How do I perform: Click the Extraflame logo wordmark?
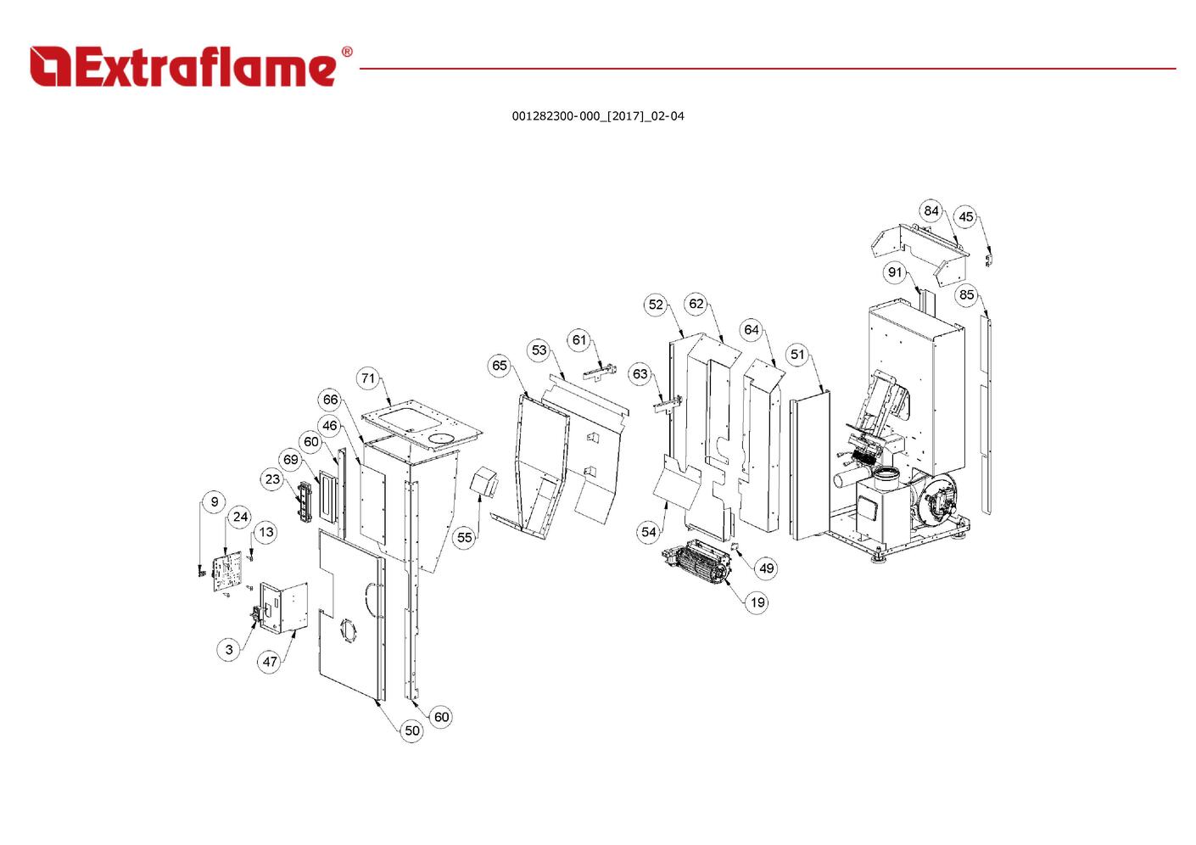click(x=183, y=67)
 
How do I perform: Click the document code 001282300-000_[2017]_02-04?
click(x=598, y=116)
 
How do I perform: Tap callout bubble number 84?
click(x=931, y=210)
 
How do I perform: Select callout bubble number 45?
click(x=966, y=217)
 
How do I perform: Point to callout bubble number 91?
click(x=895, y=272)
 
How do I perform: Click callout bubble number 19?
click(x=757, y=602)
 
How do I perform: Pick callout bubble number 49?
click(x=766, y=568)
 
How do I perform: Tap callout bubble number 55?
click(x=465, y=537)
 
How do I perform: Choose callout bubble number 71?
click(x=368, y=378)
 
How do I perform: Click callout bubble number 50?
click(x=411, y=730)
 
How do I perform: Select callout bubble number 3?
click(x=229, y=650)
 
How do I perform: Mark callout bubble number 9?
click(x=214, y=501)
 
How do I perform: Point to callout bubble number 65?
click(x=500, y=366)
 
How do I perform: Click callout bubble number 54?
click(x=648, y=532)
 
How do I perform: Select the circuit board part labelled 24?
click(x=227, y=572)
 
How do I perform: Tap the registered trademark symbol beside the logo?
click(x=347, y=52)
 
